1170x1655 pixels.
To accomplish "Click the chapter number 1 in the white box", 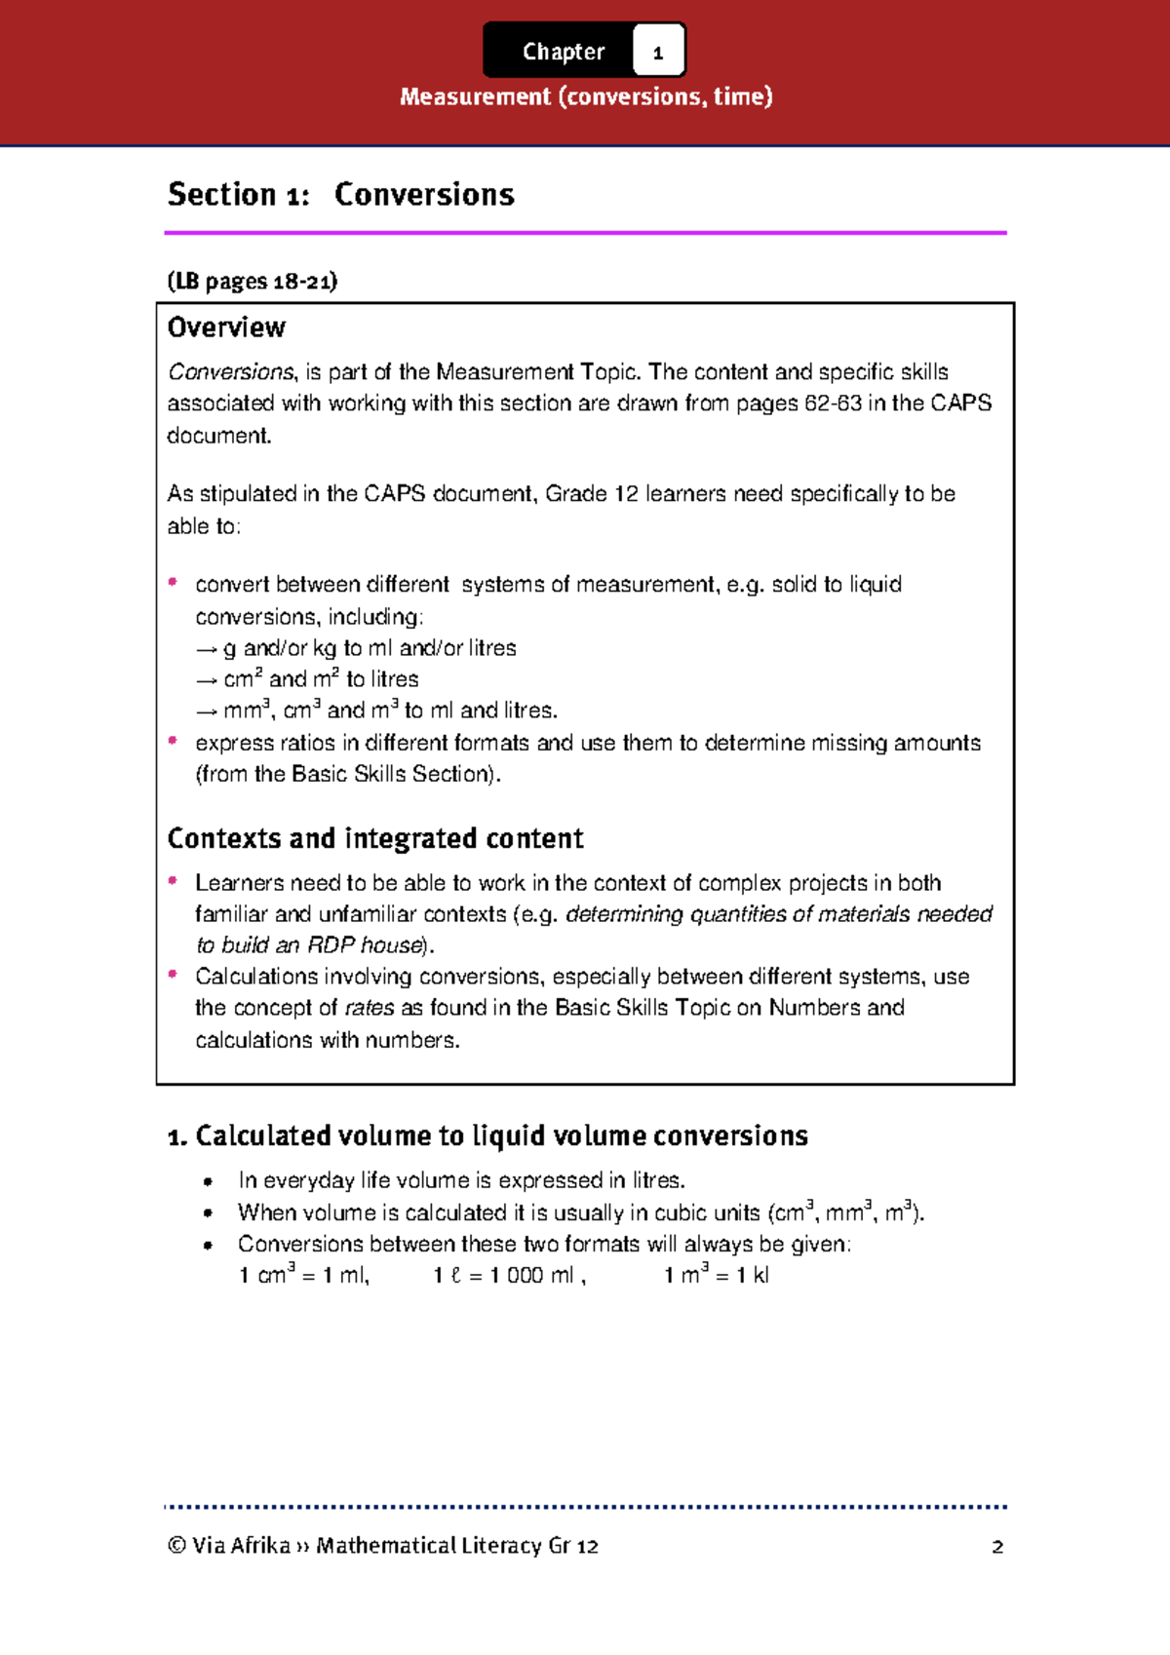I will [658, 52].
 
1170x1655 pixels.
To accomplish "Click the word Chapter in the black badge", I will [564, 52].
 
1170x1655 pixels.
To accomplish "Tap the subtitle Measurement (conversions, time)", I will [586, 96].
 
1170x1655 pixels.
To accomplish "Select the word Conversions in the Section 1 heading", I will [424, 194].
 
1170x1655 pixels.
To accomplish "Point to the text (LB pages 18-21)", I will [253, 282].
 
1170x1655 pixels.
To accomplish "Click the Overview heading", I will [226, 327].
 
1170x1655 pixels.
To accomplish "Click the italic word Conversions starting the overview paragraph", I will [230, 372].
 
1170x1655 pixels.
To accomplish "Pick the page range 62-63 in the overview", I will [833, 404].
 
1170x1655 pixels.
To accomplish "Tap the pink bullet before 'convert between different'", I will [173, 583].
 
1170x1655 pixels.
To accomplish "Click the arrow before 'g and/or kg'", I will [206, 649].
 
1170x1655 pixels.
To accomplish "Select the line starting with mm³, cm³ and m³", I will [390, 711].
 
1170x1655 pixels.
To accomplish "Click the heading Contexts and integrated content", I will [375, 838].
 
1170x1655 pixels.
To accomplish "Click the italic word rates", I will [370, 1008].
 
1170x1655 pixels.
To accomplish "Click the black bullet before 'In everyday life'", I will [208, 1182].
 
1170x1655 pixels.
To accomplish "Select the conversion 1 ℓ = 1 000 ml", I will [507, 1276].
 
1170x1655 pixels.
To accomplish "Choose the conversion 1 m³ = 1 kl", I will [716, 1276].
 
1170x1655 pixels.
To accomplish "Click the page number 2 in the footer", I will [996, 1547].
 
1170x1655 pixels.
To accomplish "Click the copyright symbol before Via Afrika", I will [176, 1546].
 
